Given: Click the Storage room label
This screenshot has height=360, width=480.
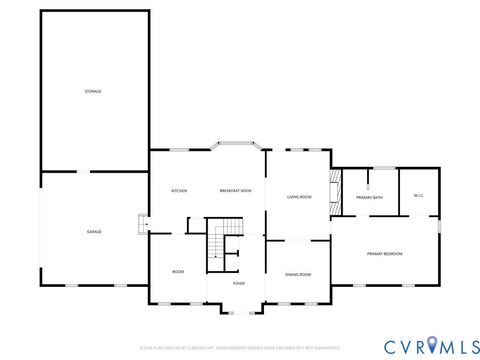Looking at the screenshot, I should pos(93,91).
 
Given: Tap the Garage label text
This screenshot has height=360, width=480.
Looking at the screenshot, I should pos(93,231).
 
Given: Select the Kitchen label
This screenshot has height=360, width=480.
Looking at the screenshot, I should pos(179,190).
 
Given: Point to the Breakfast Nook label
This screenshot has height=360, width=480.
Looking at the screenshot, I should pos(236,190).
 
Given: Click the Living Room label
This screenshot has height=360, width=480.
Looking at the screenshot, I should pos(299,197).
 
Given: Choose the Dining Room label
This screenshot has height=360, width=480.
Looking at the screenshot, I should pos(298,274).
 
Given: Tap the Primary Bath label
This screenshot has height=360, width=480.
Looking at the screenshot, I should pos(369,198).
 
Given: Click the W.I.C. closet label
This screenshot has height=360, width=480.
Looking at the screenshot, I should pos(419,195).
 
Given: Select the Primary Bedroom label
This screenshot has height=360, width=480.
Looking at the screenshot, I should pos(384,254).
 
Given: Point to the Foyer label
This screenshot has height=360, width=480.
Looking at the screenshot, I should pos(238,284).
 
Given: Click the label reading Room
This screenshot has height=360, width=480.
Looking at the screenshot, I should pos(178,271).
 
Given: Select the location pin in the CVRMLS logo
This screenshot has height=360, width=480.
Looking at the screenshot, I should pos(432,345).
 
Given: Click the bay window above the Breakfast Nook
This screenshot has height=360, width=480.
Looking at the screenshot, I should pos(239,148).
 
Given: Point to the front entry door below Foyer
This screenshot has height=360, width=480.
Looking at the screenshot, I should pos(238,309).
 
